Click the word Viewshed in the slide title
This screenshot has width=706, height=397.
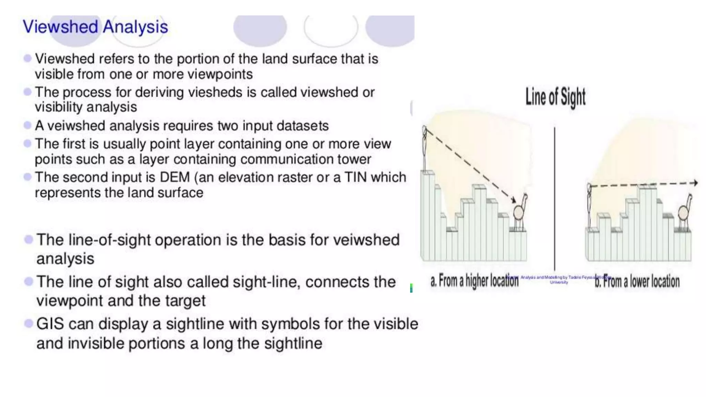(x=60, y=27)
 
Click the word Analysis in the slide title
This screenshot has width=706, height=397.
(x=135, y=27)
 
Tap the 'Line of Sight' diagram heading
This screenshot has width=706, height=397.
(x=555, y=97)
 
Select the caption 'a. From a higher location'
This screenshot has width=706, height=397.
(x=474, y=281)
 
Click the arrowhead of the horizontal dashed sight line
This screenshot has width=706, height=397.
(x=695, y=183)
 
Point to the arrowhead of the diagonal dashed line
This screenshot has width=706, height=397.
(x=513, y=200)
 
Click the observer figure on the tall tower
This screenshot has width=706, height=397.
(x=425, y=148)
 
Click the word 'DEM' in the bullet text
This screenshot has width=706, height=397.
(x=175, y=177)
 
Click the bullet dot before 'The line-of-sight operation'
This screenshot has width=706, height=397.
(x=29, y=239)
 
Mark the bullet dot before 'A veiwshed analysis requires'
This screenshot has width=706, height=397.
(x=28, y=125)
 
